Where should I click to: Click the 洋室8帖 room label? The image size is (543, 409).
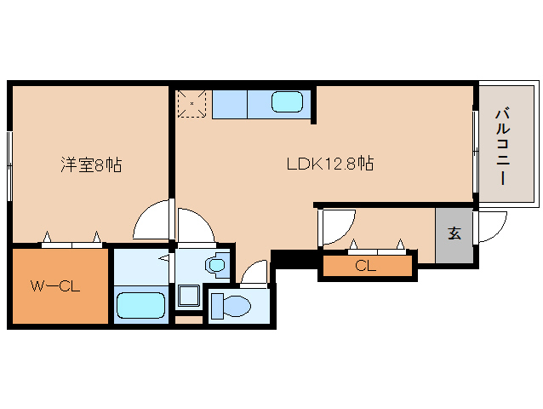pos(90,165)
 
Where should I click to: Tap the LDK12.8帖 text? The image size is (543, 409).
pos(329,163)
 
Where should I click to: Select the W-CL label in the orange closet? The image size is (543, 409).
pos(55,286)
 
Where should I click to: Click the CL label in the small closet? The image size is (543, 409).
pos(365,266)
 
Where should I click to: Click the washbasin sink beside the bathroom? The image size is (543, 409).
pos(217,266)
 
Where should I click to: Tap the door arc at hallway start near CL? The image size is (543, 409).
pos(334,226)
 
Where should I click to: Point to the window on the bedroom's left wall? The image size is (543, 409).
pos(9,162)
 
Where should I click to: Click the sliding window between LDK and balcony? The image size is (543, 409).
pos(475,144)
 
